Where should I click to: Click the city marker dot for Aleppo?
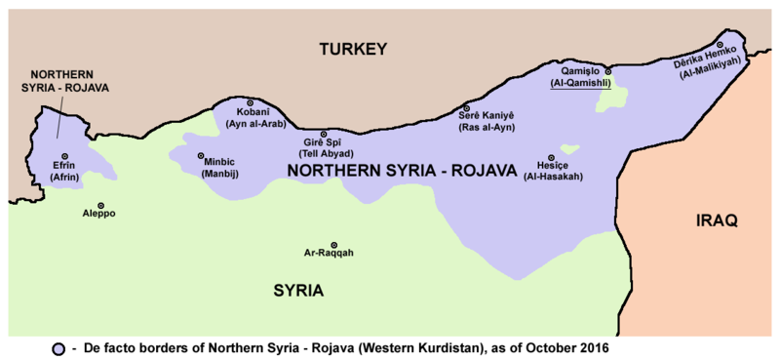(98, 201)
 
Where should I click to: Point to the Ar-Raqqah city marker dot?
(334, 245)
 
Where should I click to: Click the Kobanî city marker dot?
(250, 102)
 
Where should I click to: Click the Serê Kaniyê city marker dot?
(466, 108)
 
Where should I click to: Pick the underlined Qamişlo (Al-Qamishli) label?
(583, 78)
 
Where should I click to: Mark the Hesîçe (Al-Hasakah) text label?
(553, 171)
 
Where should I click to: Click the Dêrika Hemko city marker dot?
(720, 45)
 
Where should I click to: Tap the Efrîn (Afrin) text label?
(64, 172)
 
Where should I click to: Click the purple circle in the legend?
(60, 348)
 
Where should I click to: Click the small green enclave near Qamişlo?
(611, 97)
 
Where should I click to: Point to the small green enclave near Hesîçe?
(569, 149)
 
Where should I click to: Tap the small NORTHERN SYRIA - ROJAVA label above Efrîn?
(68, 81)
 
